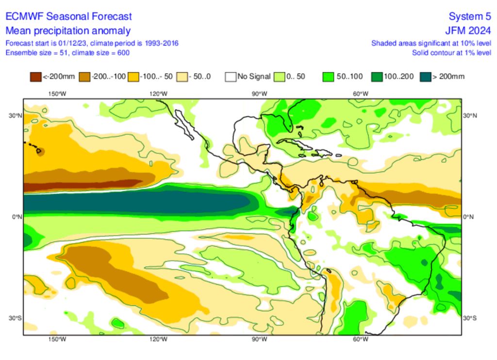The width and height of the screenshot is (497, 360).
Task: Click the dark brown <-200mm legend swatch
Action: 35,76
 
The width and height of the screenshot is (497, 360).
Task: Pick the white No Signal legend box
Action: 231,76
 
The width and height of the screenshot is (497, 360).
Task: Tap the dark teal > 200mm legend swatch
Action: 426,76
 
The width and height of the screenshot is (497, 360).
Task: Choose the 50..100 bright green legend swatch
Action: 329,76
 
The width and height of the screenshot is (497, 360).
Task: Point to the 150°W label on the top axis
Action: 57,94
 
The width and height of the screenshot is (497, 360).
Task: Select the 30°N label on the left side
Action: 16,116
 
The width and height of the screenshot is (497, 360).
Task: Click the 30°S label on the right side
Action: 468,318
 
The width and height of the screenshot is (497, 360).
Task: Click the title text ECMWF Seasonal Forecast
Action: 68,17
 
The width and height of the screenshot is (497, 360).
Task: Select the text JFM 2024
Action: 468,31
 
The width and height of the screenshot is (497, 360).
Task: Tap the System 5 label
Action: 470,17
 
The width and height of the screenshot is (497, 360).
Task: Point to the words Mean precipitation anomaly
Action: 68,31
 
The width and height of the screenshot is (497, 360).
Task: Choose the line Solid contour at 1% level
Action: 451,52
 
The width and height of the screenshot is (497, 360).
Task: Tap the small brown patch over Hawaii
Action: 40,152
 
